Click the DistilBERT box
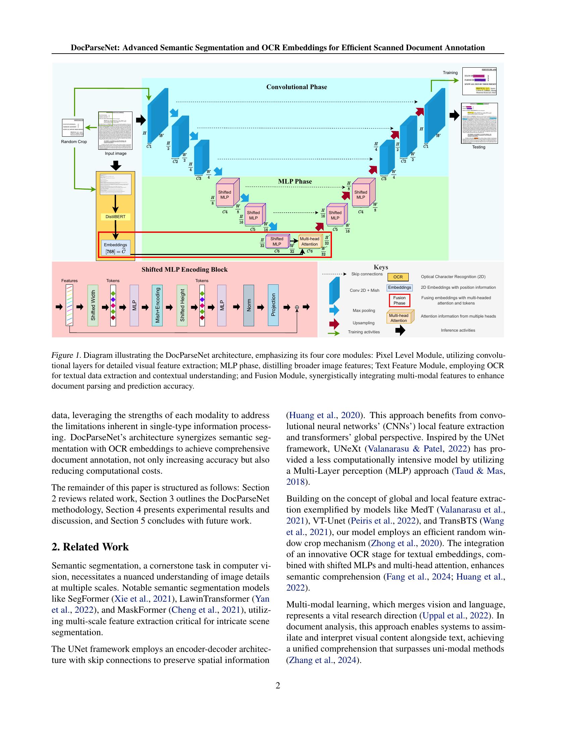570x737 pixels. [115, 217]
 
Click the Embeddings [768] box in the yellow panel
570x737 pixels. [115, 248]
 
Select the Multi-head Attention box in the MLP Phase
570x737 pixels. [309, 242]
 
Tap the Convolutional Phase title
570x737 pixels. [296, 87]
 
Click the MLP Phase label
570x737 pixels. [295, 182]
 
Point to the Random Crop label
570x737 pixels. [74, 142]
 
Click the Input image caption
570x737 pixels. [115, 153]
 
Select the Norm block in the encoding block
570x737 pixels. [248, 306]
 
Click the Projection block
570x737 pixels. [273, 305]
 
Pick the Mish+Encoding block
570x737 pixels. [157, 306]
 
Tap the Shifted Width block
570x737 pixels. [93, 306]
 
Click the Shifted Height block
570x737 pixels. [182, 306]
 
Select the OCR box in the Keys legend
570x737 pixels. [398, 277]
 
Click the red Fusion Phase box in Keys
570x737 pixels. [399, 300]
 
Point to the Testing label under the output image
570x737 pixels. [478, 147]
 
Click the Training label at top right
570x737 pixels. [450, 73]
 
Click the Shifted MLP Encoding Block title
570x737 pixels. [184, 270]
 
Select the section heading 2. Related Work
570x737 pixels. [90, 547]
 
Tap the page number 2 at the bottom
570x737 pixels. [278, 685]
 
